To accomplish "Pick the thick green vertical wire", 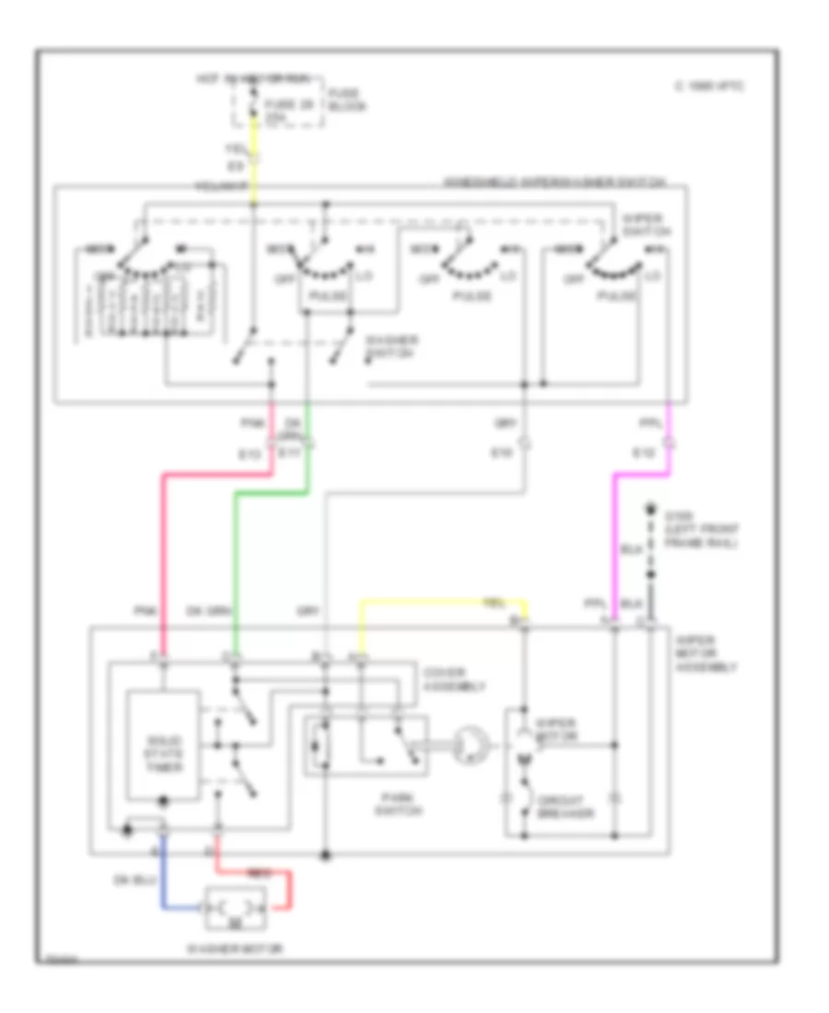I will click(236, 562).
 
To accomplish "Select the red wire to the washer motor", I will click(293, 890).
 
